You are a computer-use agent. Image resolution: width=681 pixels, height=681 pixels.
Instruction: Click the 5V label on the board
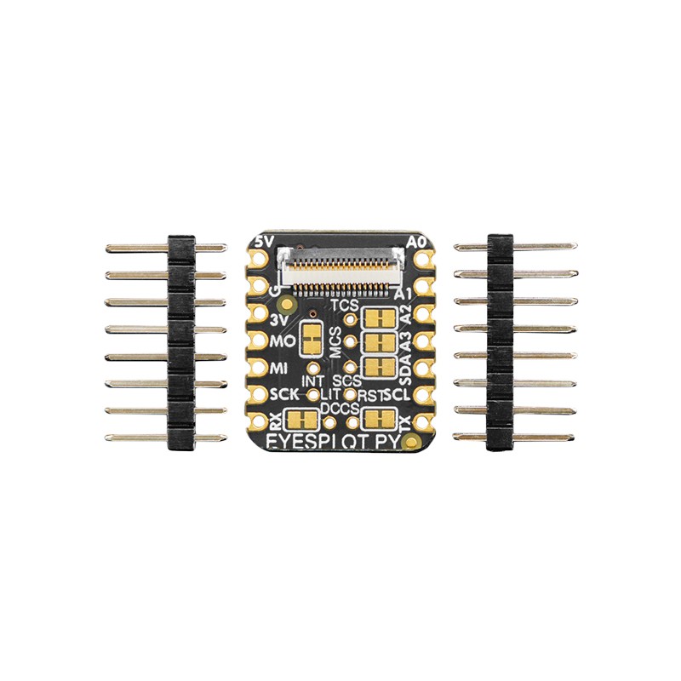click(x=265, y=242)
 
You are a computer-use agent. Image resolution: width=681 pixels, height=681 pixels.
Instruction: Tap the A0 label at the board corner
click(x=415, y=242)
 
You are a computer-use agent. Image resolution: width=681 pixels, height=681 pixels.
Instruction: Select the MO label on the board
click(x=280, y=343)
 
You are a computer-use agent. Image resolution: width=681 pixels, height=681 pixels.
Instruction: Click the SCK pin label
click(x=283, y=396)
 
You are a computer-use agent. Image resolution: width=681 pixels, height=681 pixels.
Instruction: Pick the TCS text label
click(x=344, y=304)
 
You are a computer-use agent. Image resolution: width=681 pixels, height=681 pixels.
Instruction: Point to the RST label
click(x=370, y=397)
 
